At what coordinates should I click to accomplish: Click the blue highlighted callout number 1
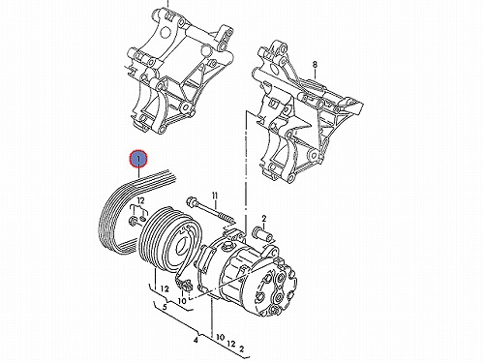138,159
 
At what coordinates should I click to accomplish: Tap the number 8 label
315,65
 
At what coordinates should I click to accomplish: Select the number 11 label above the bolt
215,196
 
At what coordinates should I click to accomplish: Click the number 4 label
196,340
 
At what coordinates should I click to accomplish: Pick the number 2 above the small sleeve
264,219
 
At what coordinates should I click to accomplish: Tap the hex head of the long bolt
191,201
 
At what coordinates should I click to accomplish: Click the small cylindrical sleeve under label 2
264,234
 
